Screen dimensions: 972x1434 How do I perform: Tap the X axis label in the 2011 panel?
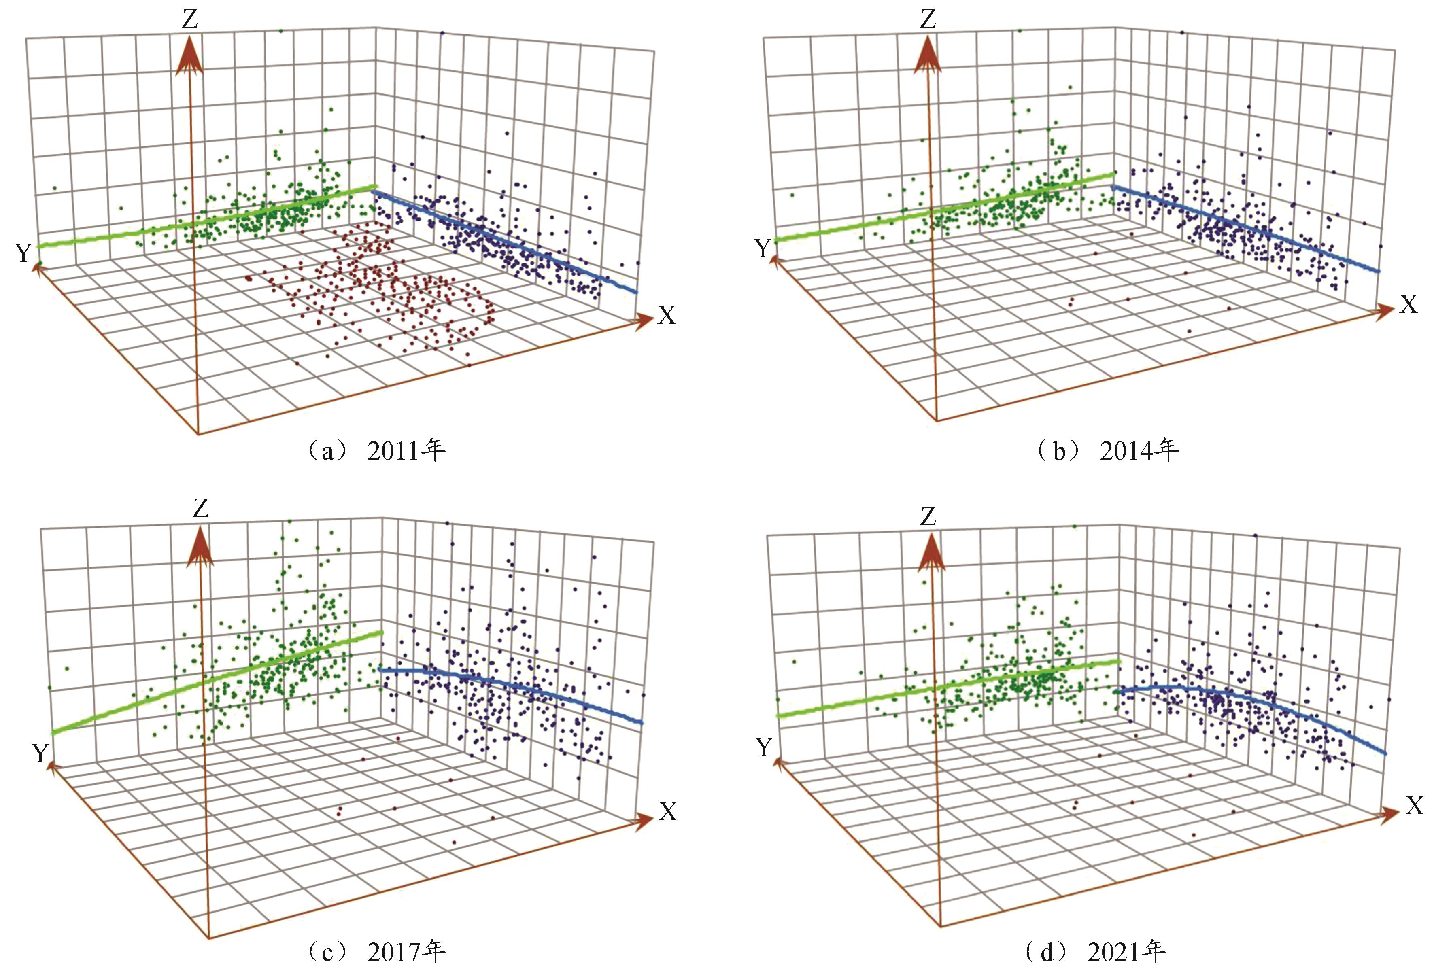[x=666, y=315]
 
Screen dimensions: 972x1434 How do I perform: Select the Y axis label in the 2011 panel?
[x=23, y=252]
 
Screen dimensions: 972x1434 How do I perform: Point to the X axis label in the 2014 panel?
[x=1408, y=304]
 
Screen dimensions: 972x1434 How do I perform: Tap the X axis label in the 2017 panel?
[x=668, y=812]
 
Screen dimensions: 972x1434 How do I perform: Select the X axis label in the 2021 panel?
[x=1414, y=805]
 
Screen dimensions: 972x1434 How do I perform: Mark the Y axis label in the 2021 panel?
[x=764, y=747]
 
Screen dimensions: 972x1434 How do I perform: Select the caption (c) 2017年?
[x=375, y=952]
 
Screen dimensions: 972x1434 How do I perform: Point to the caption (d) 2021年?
[x=1095, y=952]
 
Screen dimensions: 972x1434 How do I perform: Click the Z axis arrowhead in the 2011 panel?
[x=189, y=55]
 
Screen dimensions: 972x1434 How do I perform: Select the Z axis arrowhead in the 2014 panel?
[x=927, y=55]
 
